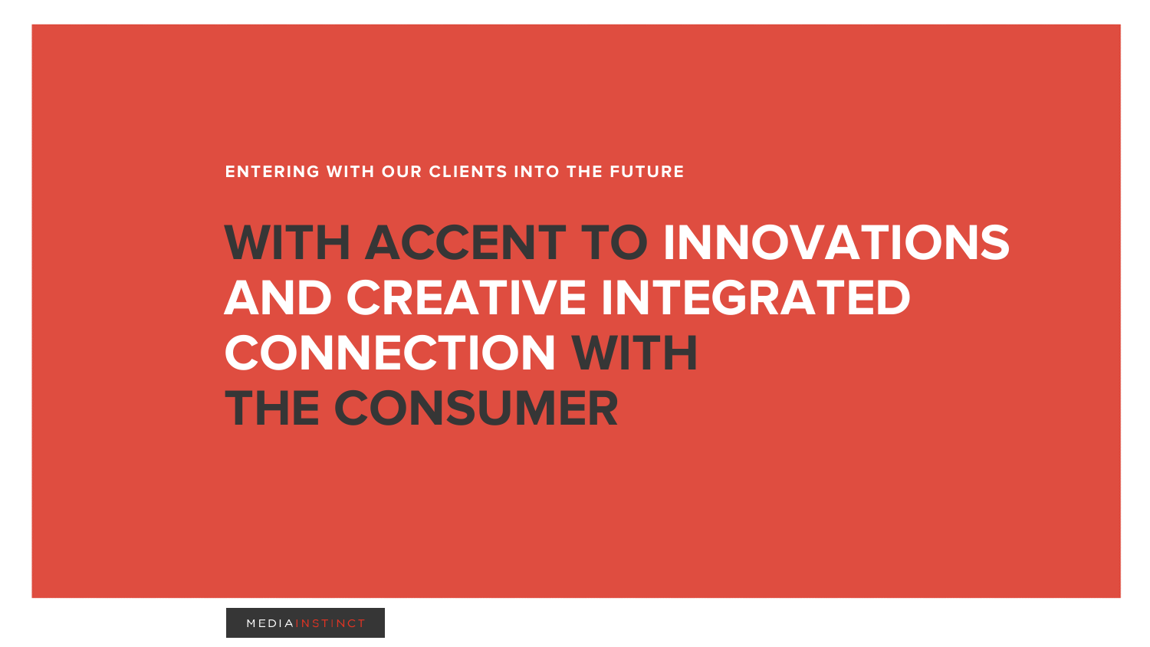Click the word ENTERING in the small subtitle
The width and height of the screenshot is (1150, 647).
point(272,172)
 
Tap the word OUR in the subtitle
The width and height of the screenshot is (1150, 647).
point(402,172)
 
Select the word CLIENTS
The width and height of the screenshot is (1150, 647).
point(468,172)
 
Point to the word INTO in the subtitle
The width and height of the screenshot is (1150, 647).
point(537,172)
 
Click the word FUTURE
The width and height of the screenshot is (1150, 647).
point(647,172)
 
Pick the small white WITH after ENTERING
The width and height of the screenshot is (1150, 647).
point(350,172)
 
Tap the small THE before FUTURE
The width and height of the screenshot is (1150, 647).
point(584,172)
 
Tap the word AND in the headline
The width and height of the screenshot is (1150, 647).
point(278,297)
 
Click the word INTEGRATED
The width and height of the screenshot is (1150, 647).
point(756,297)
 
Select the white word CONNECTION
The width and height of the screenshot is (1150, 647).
point(390,353)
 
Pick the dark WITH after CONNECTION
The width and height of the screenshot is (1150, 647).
point(635,353)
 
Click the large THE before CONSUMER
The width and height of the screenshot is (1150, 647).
point(272,408)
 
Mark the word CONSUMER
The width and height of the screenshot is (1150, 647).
point(476,408)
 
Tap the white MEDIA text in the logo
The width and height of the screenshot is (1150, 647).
point(270,623)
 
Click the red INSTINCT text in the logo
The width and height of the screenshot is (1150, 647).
point(330,623)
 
